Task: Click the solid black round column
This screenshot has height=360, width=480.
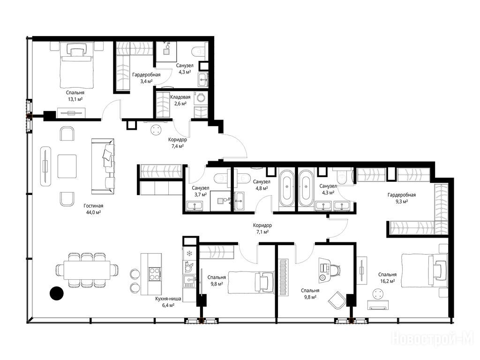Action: click(57, 293)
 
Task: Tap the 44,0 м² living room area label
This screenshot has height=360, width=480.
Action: click(93, 212)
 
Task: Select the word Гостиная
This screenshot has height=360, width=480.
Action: click(93, 206)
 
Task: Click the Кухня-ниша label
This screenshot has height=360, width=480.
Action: click(168, 299)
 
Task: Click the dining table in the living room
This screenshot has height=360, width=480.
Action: click(87, 270)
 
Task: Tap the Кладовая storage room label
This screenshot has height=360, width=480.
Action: click(180, 97)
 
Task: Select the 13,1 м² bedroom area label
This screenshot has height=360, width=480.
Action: click(75, 99)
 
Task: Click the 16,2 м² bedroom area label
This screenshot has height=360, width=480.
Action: click(387, 281)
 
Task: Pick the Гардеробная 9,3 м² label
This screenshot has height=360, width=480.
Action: click(402, 198)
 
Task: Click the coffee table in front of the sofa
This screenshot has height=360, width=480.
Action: click(67, 166)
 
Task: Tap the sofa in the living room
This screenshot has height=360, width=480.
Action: click(103, 166)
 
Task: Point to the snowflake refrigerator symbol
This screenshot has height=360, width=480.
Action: click(189, 253)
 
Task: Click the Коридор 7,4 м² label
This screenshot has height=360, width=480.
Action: click(177, 142)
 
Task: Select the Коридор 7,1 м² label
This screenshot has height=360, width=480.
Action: click(262, 228)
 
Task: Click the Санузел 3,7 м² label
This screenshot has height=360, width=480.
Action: click(201, 191)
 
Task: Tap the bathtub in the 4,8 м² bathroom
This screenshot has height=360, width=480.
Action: click(287, 188)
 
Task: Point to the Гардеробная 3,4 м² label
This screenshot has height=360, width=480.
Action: click(146, 78)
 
